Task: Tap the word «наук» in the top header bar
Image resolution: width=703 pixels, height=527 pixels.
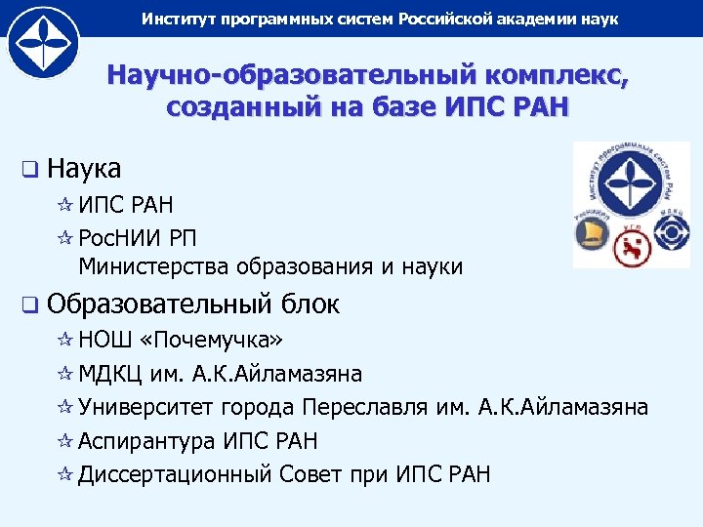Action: tap(598, 19)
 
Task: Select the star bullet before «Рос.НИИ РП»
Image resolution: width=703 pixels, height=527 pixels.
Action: tap(66, 236)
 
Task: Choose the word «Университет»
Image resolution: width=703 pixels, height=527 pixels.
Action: tap(146, 407)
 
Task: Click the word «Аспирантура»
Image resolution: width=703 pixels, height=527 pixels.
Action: tap(146, 441)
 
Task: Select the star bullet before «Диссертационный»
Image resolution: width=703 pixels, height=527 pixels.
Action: tap(66, 475)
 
